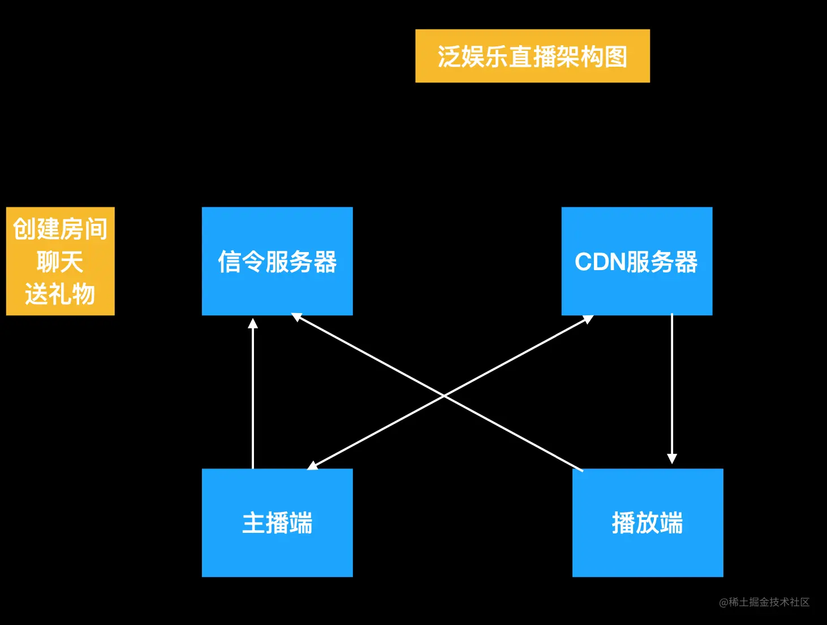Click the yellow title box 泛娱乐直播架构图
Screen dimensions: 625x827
click(532, 56)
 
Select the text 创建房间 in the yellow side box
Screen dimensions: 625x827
click(60, 229)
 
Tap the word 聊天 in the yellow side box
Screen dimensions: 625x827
click(60, 262)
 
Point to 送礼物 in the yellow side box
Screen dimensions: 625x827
click(60, 294)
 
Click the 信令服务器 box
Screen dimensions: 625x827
click(277, 261)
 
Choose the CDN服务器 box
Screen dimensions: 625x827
click(636, 261)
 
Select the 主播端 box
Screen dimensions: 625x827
click(277, 523)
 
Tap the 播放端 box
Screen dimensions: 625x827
click(648, 523)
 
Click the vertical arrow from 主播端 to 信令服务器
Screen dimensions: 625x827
click(253, 396)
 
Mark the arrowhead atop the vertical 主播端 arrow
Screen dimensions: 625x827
click(253, 323)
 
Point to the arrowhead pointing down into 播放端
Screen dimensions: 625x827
click(672, 458)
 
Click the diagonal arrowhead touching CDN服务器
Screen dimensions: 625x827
click(588, 319)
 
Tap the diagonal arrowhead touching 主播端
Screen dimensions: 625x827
click(313, 466)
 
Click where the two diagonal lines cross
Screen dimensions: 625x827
click(445, 396)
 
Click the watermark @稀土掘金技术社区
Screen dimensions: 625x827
click(764, 602)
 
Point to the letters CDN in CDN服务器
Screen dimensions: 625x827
click(600, 262)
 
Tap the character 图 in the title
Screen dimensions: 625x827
click(616, 57)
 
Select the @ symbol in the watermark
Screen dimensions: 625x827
click(723, 603)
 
